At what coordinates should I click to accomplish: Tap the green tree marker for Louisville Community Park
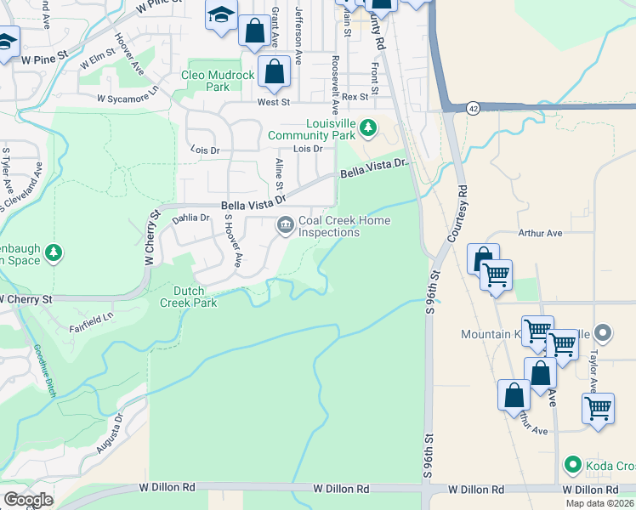tap(367, 128)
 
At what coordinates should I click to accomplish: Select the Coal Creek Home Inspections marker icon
tap(285, 225)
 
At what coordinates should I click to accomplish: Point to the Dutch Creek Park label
tap(188, 297)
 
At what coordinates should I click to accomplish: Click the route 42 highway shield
tap(473, 108)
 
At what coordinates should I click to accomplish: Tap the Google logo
tap(28, 499)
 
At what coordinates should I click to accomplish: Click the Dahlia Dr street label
tap(190, 218)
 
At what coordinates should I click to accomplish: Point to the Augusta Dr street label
tap(111, 433)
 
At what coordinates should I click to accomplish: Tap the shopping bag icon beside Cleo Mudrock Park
tap(274, 73)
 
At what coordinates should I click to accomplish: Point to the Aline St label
tap(279, 174)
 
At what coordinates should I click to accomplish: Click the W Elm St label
tap(97, 60)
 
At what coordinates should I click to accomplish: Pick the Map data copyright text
tap(599, 503)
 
